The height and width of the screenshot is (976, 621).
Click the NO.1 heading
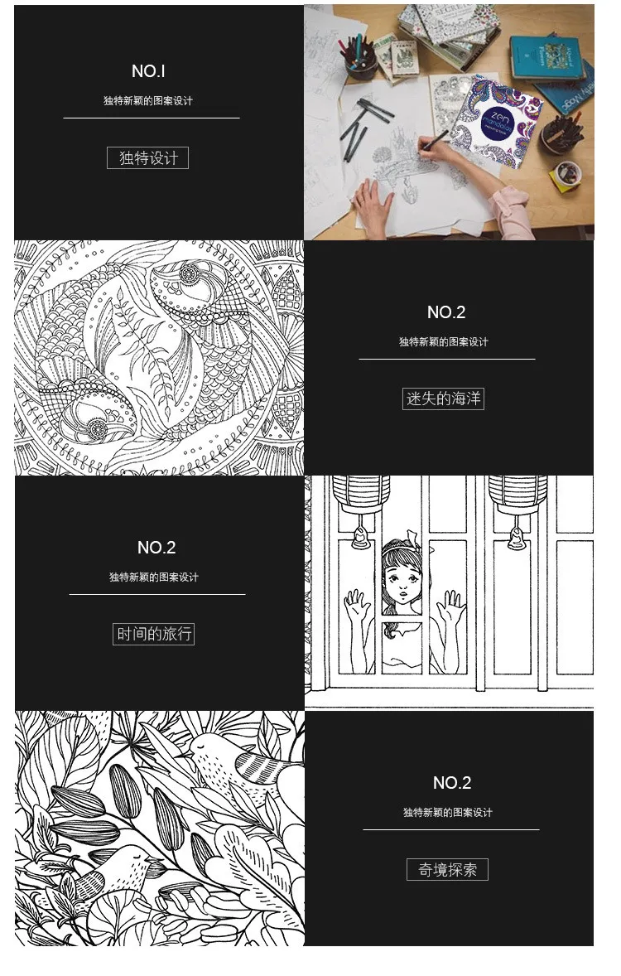pyautogui.click(x=148, y=71)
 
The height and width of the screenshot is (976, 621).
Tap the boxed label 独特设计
pyautogui.click(x=148, y=157)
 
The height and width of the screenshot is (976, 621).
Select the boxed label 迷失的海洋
pyautogui.click(x=443, y=399)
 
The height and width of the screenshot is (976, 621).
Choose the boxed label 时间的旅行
pyautogui.click(x=153, y=634)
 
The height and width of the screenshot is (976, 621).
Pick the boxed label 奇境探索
pyautogui.click(x=447, y=869)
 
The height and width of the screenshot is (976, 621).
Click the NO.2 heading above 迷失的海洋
pyautogui.click(x=445, y=312)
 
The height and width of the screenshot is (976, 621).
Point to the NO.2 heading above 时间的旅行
pyautogui.click(x=156, y=548)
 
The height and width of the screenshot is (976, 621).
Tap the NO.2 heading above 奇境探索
pyautogui.click(x=451, y=783)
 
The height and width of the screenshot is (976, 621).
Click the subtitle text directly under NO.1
pyautogui.click(x=148, y=101)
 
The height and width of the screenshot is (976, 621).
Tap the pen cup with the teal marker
pyautogui.click(x=361, y=60)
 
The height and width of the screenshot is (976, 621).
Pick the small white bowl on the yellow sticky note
pyautogui.click(x=568, y=173)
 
